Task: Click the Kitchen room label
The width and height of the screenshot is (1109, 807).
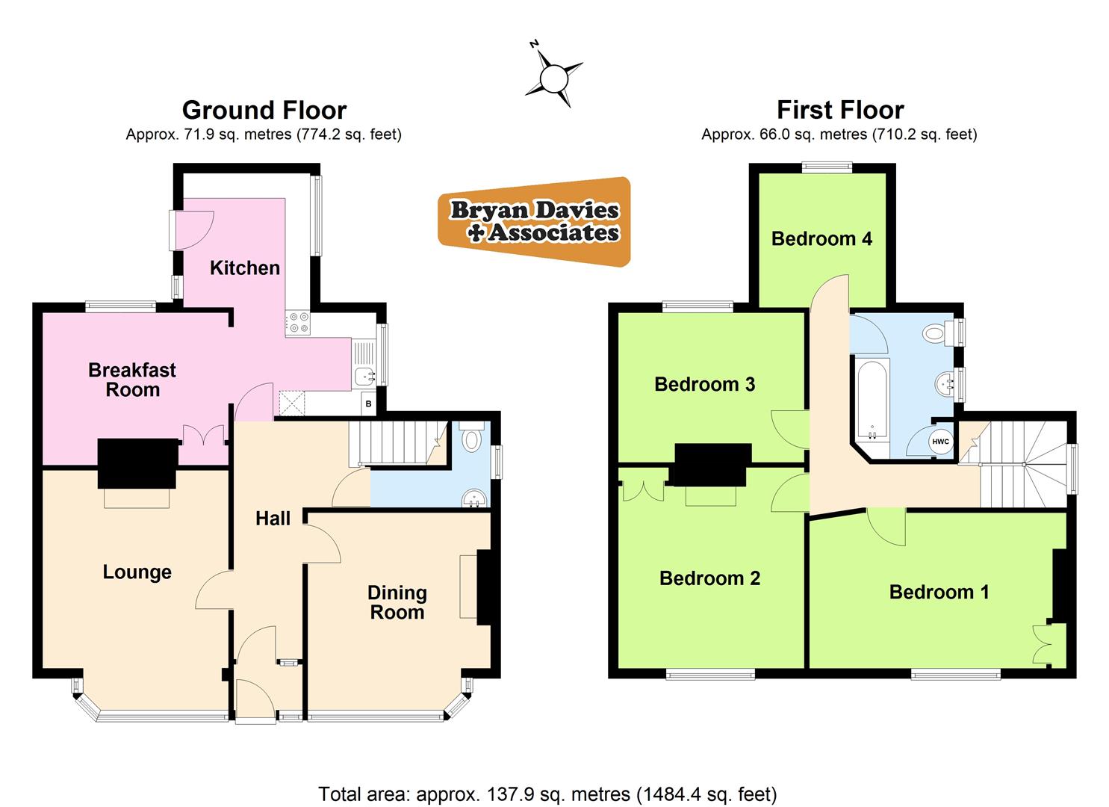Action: (x=244, y=268)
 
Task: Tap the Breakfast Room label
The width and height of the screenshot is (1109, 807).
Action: (x=132, y=380)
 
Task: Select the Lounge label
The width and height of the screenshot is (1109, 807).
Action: (x=137, y=572)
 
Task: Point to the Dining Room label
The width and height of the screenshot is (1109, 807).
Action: (x=397, y=602)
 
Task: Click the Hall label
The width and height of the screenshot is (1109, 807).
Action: (x=273, y=519)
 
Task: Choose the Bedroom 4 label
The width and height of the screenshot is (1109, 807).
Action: (x=821, y=238)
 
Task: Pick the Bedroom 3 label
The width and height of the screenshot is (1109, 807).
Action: (x=704, y=384)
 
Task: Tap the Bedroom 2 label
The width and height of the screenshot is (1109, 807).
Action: (x=709, y=578)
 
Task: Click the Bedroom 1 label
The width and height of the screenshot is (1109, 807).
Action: (x=939, y=593)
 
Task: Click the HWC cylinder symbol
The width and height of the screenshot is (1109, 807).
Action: (x=940, y=442)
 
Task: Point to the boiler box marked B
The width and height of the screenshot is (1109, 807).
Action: (x=368, y=404)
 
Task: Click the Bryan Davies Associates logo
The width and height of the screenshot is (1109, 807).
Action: (x=535, y=222)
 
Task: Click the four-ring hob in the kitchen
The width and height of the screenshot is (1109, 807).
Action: (x=299, y=322)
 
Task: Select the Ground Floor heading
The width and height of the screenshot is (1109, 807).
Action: (x=264, y=111)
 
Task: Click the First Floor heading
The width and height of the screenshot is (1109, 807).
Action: (x=840, y=111)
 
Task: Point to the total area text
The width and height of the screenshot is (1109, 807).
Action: (x=547, y=794)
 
